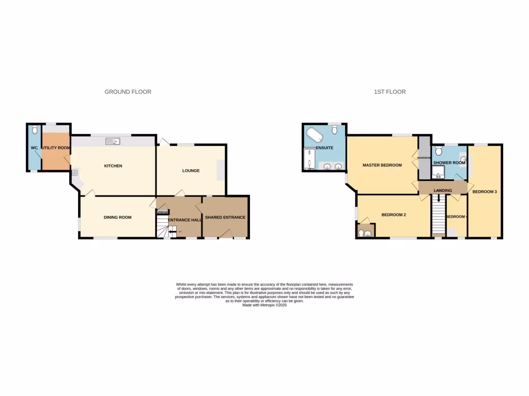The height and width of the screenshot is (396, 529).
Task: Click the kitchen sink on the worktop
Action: pos(112,141)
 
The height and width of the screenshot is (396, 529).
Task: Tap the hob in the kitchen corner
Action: pos(75,173)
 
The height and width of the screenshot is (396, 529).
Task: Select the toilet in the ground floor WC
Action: pos(35,129)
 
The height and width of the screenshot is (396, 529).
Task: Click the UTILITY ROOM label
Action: pos(56,148)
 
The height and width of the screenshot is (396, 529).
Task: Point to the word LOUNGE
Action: pos(191,171)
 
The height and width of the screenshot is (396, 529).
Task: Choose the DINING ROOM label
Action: pos(117,218)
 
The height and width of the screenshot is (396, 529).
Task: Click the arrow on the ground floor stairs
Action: pos(172,231)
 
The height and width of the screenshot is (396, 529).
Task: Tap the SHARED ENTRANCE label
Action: pos(225,218)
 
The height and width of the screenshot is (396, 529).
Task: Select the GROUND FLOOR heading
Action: pos(128,92)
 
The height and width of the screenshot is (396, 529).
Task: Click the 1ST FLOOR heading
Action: pos(390,92)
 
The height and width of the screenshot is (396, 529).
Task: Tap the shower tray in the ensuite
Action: pos(308,158)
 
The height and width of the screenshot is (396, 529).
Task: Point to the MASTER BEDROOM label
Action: pos(382,165)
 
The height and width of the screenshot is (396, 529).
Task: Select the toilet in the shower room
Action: pos(439,151)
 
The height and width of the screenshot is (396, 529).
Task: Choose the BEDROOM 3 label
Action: pos(485,192)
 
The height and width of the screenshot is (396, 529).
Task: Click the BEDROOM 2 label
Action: pos(394,214)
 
